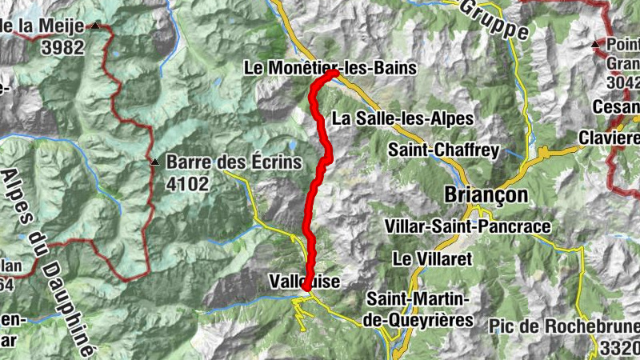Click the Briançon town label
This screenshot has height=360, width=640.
click(x=487, y=195)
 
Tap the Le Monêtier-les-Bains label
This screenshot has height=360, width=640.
click(x=330, y=69)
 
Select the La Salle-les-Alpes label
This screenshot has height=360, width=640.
click(x=403, y=118)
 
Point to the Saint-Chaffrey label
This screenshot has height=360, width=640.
click(x=443, y=150)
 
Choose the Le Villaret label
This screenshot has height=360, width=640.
click(x=433, y=258)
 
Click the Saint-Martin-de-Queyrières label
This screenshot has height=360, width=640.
click(x=418, y=310)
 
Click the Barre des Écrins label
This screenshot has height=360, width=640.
click(x=234, y=162)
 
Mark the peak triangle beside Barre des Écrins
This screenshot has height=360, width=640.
click(x=155, y=162)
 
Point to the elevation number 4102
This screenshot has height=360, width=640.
click(x=188, y=186)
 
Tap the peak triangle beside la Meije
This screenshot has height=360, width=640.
click(x=96, y=26)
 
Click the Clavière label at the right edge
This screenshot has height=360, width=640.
click(x=615, y=137)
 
